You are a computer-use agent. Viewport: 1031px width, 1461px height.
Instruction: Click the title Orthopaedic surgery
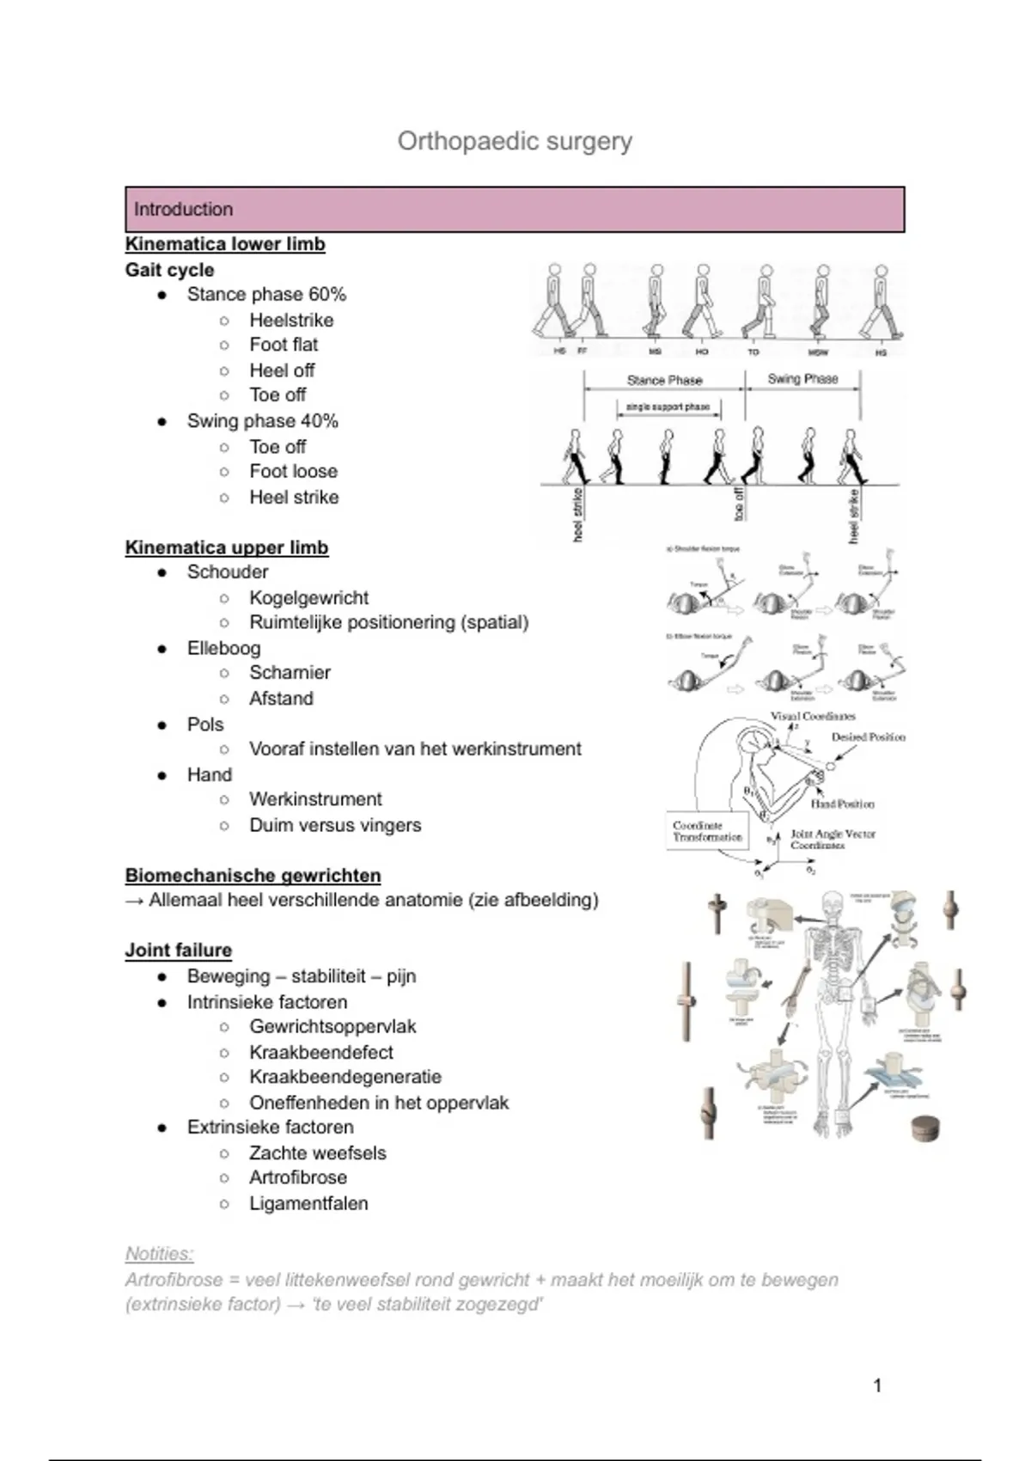(x=515, y=142)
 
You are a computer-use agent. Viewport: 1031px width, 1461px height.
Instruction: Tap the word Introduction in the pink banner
(x=183, y=210)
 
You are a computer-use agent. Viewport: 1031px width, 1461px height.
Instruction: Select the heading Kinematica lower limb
(x=225, y=244)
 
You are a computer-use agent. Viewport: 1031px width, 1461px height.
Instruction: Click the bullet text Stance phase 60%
(x=266, y=295)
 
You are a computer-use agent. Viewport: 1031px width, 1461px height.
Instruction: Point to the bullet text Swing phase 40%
(x=262, y=421)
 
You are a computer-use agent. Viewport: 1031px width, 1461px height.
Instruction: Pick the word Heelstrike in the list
(x=291, y=321)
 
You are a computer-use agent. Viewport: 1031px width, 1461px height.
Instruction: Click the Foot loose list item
(x=293, y=472)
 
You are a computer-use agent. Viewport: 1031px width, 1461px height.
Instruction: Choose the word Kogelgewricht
(x=308, y=598)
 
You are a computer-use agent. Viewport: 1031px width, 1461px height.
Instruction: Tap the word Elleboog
(x=223, y=649)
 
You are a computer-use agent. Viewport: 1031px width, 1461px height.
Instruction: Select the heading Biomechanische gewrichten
(x=253, y=876)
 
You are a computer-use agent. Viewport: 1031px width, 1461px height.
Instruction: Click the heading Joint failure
(x=179, y=951)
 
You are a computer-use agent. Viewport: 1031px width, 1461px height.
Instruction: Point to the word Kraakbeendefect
(x=320, y=1053)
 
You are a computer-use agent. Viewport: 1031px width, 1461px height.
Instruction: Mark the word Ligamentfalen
(x=308, y=1204)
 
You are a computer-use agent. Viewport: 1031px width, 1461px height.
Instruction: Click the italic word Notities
(x=159, y=1254)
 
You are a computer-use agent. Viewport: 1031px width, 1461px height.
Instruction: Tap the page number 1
(x=877, y=1385)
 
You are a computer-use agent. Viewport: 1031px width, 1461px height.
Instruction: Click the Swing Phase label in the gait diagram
(x=802, y=379)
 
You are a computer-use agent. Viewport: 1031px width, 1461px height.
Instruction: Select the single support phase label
(x=668, y=407)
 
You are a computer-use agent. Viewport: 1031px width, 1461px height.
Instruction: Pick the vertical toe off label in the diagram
(x=739, y=504)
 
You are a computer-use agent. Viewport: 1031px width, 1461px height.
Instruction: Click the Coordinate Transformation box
(x=707, y=831)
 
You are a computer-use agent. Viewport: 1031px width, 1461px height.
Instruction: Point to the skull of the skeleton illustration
(x=833, y=905)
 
